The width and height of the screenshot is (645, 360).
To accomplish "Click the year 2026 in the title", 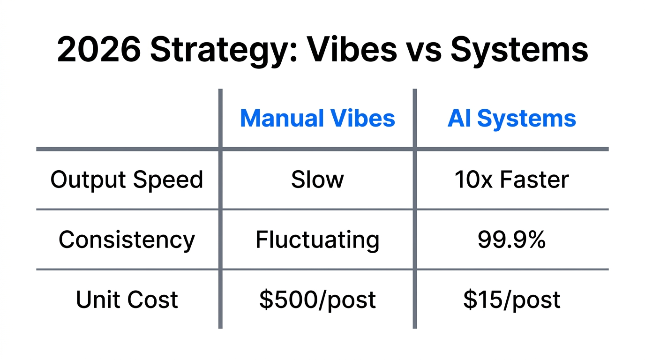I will tap(98, 50).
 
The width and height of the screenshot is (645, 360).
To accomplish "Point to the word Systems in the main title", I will tap(519, 50).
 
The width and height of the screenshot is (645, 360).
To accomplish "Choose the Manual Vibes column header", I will tap(317, 119).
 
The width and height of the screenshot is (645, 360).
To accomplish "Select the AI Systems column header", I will tap(512, 119).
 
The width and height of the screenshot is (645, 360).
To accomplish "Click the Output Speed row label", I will tap(127, 180).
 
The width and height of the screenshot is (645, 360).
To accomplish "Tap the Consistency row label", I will tap(127, 240).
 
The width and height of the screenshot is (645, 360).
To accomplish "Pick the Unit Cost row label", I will tap(127, 300).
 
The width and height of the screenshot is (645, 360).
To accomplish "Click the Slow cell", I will tap(317, 180).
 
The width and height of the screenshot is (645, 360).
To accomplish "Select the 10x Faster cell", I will tap(512, 180).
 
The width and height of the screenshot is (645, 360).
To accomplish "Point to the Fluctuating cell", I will tap(317, 240).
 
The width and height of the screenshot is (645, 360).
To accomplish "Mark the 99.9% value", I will tap(512, 240).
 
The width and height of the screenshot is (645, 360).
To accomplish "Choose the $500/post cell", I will tap(317, 300).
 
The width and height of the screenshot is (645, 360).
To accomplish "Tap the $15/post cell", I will tap(512, 300).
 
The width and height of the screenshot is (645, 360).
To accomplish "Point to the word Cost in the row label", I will tap(155, 300).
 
